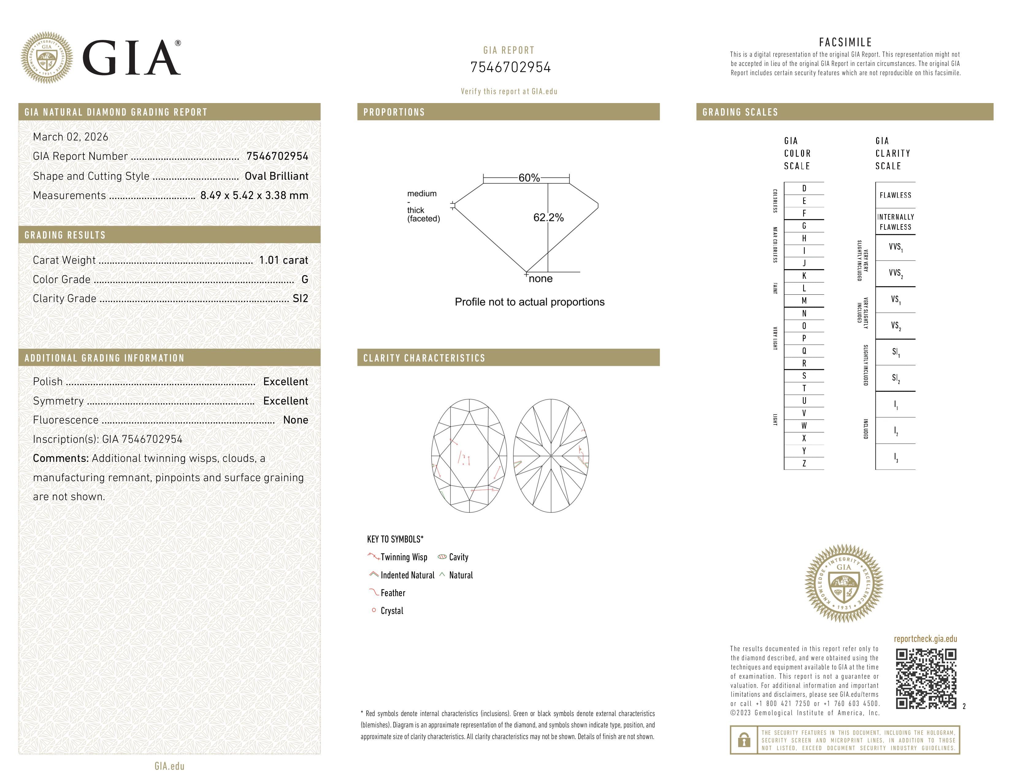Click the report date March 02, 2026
click(71, 137)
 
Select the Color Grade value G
click(305, 279)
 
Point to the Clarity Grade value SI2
click(300, 299)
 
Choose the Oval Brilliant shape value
click(276, 176)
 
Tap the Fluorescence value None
click(296, 420)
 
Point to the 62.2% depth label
click(549, 218)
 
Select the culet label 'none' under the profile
click(541, 279)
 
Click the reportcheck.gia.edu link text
click(925, 639)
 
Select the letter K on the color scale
click(804, 276)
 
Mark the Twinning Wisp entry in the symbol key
click(404, 557)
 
